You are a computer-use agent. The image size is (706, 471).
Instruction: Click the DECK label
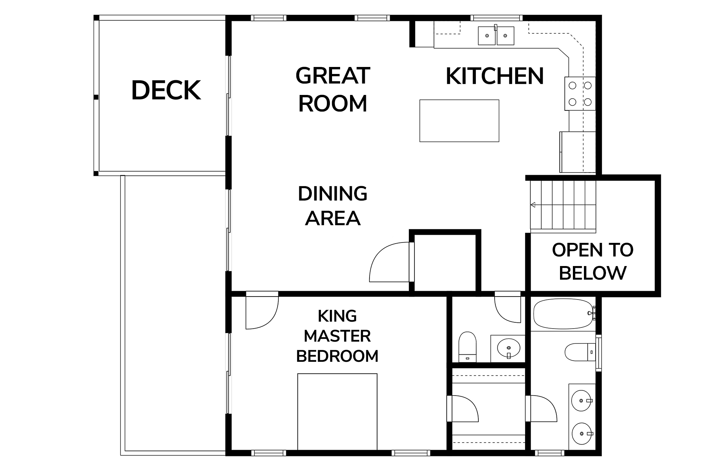(x=166, y=90)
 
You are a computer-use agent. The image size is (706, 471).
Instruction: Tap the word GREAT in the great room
(x=333, y=76)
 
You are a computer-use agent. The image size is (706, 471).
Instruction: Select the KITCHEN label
(x=495, y=76)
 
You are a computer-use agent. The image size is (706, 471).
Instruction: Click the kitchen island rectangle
(x=459, y=121)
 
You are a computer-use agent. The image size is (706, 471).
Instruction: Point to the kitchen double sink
(x=496, y=36)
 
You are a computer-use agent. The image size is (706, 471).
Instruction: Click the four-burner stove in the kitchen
(x=580, y=93)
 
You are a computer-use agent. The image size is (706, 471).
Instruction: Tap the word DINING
(x=333, y=194)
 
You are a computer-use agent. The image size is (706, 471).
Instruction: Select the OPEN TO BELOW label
(x=593, y=261)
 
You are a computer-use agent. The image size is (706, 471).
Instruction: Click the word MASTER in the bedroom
(x=337, y=336)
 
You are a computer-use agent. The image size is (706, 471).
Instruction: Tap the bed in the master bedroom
(x=337, y=412)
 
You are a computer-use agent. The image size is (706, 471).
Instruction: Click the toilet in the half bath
(x=467, y=347)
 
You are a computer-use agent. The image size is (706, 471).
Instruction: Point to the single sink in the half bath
(x=509, y=347)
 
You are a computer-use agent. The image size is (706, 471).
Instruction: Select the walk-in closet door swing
(x=463, y=408)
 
